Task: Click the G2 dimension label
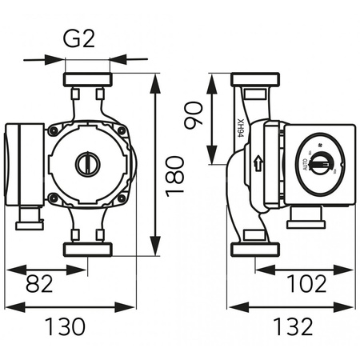(86, 38)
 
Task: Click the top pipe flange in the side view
(256, 81)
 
